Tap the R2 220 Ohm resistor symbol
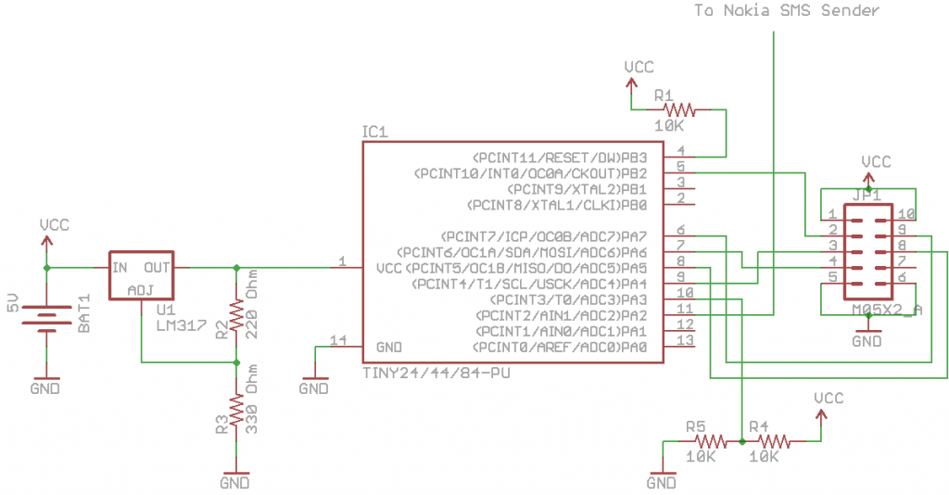236,315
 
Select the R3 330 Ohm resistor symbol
236,409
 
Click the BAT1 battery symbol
47,318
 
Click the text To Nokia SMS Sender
787,10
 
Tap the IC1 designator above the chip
374,133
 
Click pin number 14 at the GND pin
335,339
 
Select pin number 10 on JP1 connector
905,214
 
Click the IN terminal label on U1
120,268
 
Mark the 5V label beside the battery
12,302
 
